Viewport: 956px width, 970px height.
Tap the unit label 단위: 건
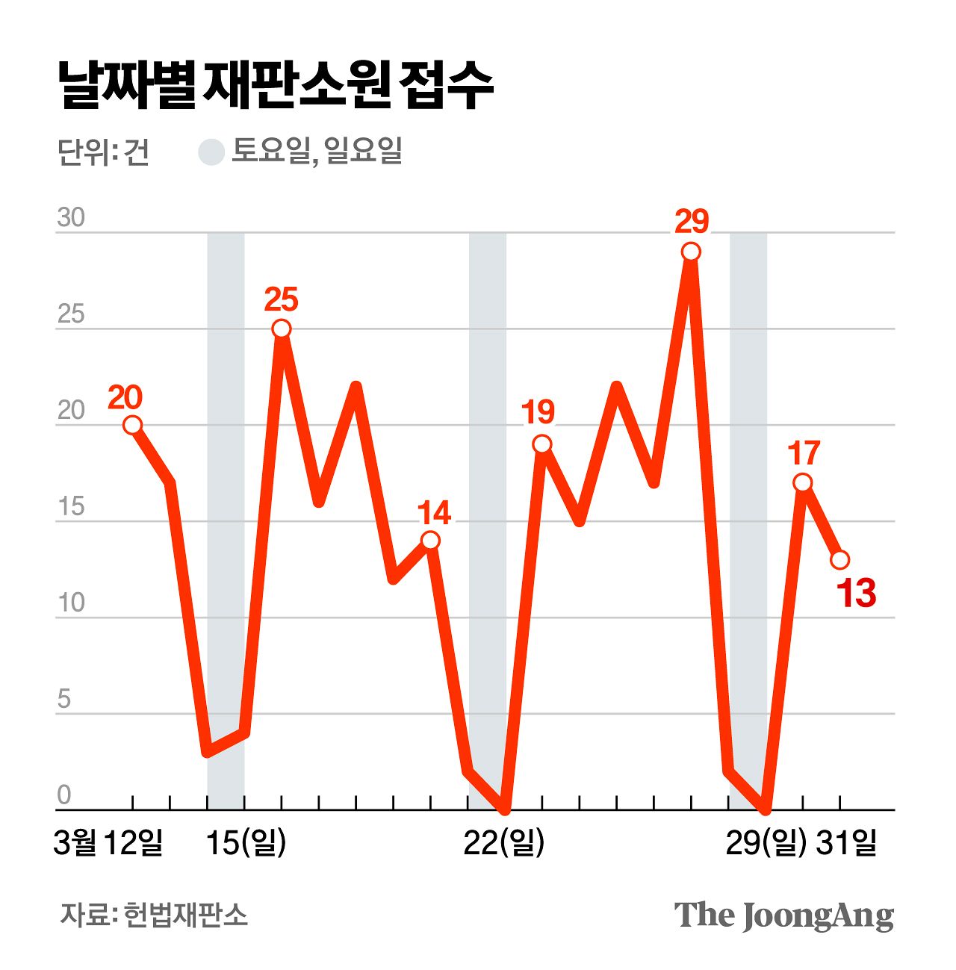coord(103,152)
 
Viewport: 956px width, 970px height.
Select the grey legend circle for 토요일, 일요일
coord(211,152)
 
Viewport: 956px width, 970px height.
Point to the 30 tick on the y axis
coord(71,218)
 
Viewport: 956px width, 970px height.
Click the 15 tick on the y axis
coord(71,507)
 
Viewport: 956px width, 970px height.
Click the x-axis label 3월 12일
coord(109,843)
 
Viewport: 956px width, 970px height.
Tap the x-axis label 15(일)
coord(246,843)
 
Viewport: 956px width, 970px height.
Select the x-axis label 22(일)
coord(504,843)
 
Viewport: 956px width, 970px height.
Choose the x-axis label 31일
coord(846,843)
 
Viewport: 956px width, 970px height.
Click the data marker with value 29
coord(691,252)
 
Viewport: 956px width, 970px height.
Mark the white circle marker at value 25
coord(282,329)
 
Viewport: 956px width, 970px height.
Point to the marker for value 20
coord(132,425)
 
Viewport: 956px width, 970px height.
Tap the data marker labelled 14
coord(430,540)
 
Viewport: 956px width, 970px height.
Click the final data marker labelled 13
coord(839,559)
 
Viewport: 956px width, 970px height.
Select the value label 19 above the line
coord(538,412)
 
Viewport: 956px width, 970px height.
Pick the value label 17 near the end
coord(804,453)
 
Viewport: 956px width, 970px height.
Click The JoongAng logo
coord(783,915)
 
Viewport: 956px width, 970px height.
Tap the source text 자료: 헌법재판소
coord(154,915)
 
